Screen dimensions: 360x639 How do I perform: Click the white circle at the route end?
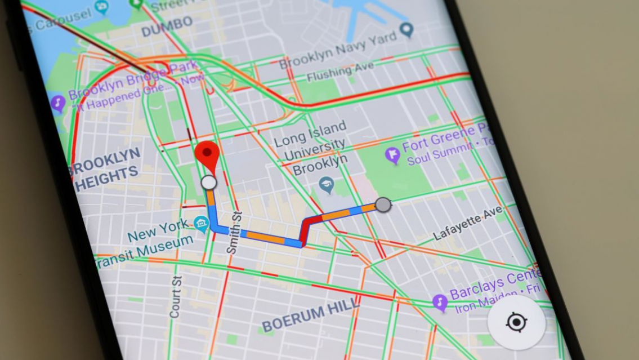[x=208, y=183]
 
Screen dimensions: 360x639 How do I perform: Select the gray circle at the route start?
[x=383, y=205]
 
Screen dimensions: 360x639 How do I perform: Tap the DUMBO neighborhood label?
[x=167, y=26]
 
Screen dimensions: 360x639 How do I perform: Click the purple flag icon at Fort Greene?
[x=392, y=154]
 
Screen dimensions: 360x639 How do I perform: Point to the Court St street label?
[x=176, y=296]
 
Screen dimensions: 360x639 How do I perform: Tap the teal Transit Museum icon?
[x=201, y=224]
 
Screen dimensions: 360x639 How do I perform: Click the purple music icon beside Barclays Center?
[x=440, y=303]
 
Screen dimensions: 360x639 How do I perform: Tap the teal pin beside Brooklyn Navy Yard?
[x=406, y=29]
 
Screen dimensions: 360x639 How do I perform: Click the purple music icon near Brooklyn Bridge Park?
[x=57, y=103]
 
